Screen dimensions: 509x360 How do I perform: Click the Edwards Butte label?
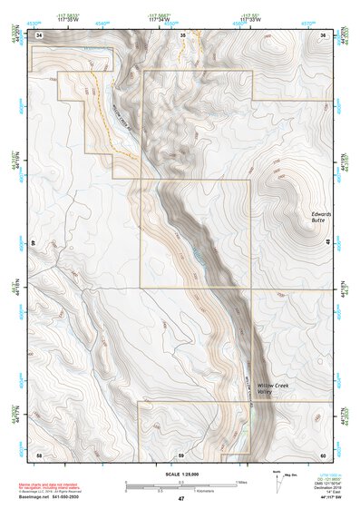pyautogui.click(x=320, y=217)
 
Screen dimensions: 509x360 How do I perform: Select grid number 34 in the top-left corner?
pyautogui.click(x=40, y=34)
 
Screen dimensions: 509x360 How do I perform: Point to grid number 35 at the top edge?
pyautogui.click(x=182, y=34)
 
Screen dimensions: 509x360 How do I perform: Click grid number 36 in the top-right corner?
pyautogui.click(x=324, y=34)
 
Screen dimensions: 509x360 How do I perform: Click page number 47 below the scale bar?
pyautogui.click(x=180, y=498)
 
